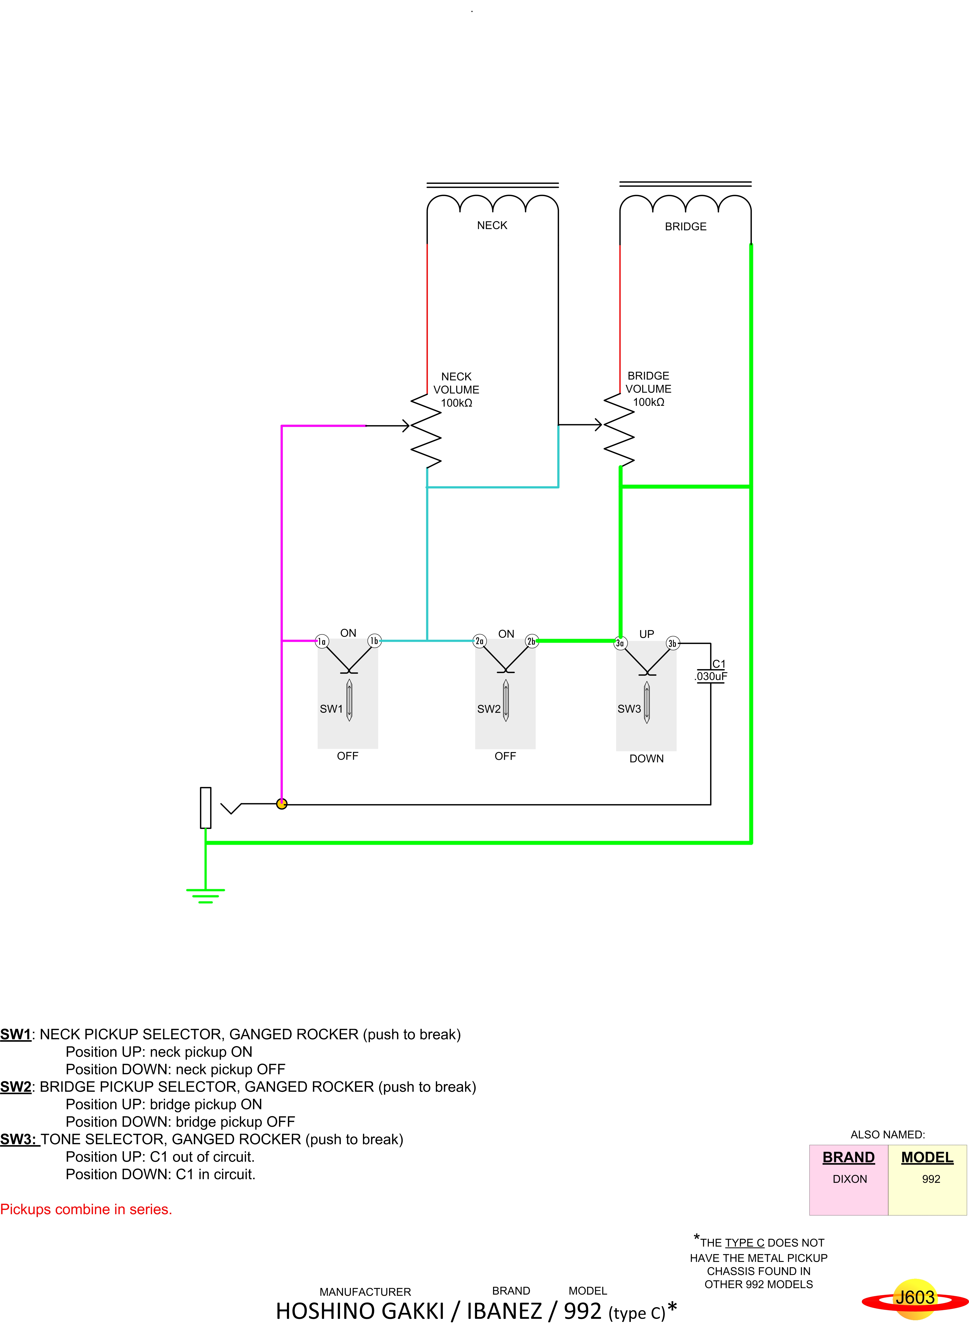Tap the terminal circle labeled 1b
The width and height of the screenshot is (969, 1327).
[374, 641]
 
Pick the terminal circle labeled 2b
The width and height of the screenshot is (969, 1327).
[532, 641]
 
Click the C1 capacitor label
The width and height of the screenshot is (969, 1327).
[719, 664]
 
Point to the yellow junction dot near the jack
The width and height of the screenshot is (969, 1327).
[282, 804]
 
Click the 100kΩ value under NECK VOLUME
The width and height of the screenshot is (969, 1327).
[456, 403]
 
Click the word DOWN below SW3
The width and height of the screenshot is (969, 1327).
[646, 759]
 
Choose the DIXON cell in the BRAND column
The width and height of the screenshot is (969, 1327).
[849, 1179]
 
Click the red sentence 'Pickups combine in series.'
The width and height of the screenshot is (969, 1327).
[86, 1209]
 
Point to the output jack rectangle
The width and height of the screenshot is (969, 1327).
[205, 807]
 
